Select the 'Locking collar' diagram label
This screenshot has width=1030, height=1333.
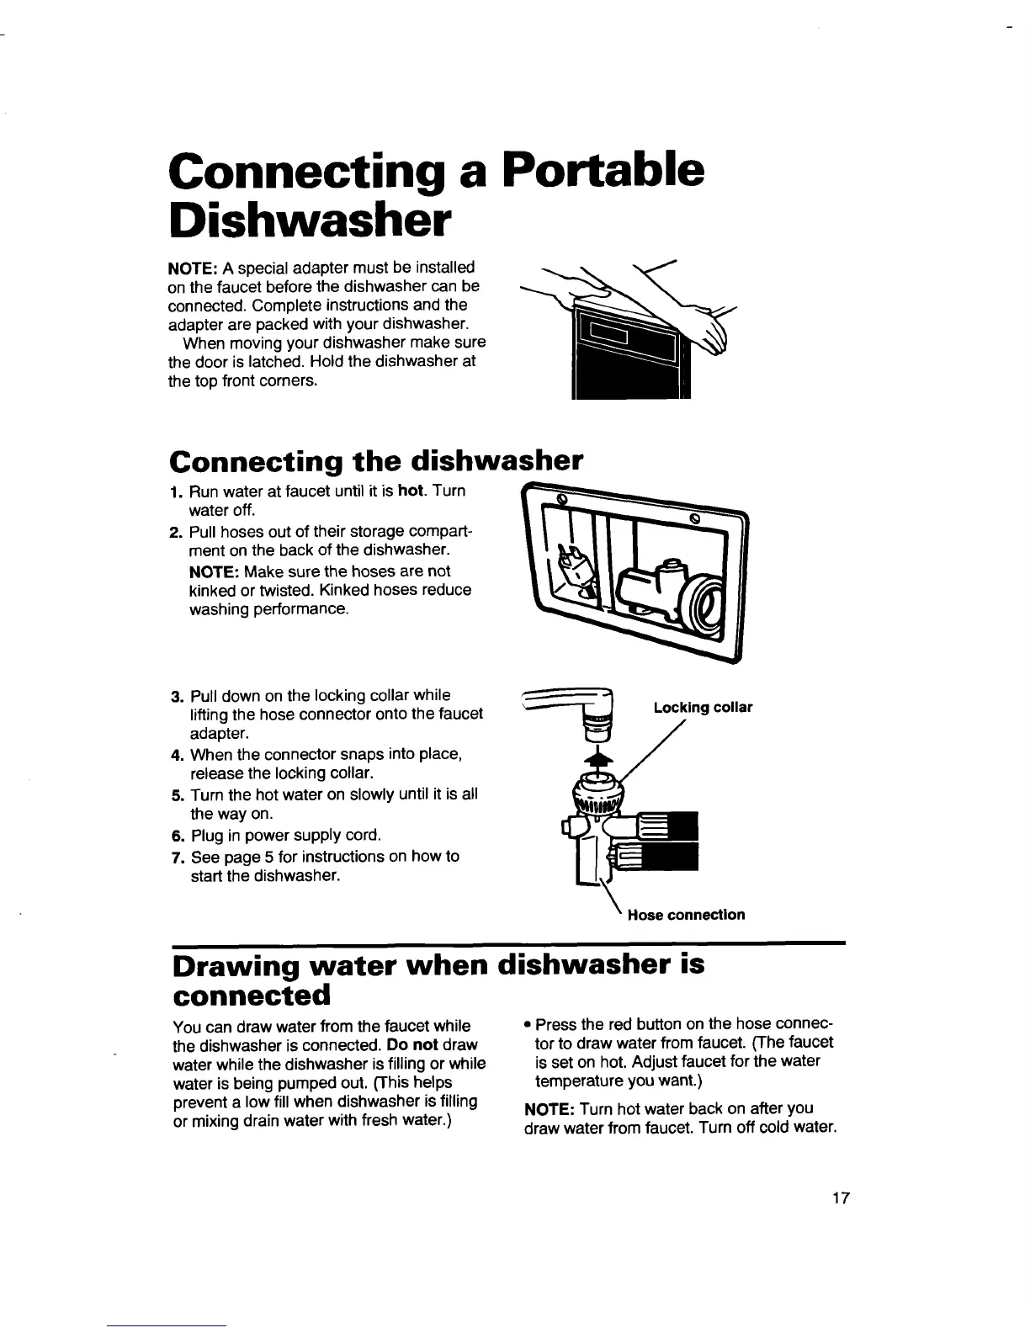703,707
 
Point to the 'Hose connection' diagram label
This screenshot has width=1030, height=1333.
686,915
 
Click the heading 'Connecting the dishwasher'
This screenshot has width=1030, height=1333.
375,461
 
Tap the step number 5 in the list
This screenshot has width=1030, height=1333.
177,795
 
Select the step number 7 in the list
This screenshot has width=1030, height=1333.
177,858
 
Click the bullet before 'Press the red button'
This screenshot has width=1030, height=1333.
527,1025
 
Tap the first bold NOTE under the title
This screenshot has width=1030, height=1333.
194,268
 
